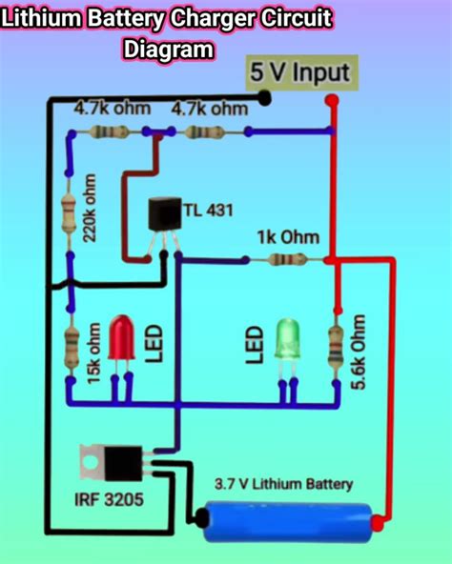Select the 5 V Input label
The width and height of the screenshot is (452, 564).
tap(300, 71)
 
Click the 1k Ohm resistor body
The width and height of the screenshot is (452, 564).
tap(282, 258)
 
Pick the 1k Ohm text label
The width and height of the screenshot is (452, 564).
tap(287, 236)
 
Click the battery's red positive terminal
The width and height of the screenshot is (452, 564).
tap(379, 520)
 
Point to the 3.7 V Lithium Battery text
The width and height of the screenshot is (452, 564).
tap(283, 485)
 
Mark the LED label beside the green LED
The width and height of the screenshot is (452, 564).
tap(254, 345)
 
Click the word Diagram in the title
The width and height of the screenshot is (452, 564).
tap(168, 49)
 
